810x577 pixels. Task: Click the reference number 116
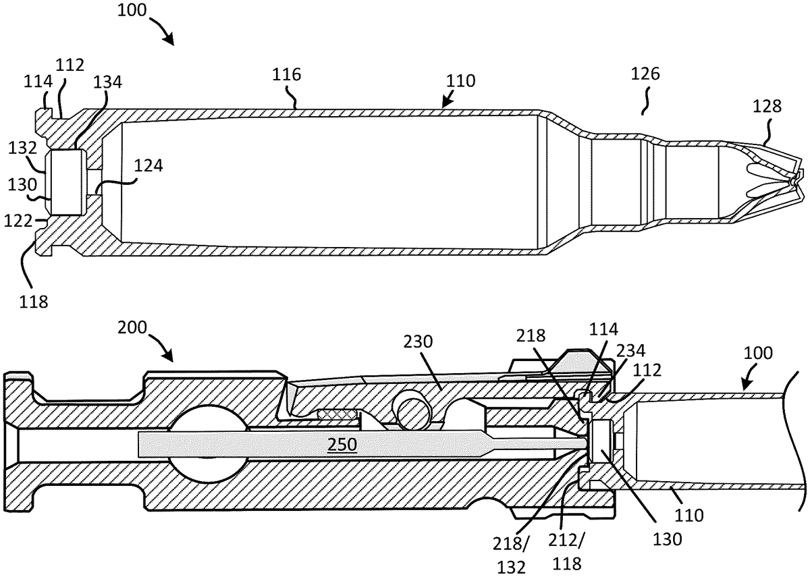(x=287, y=74)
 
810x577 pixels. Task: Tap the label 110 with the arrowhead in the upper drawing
(x=461, y=81)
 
